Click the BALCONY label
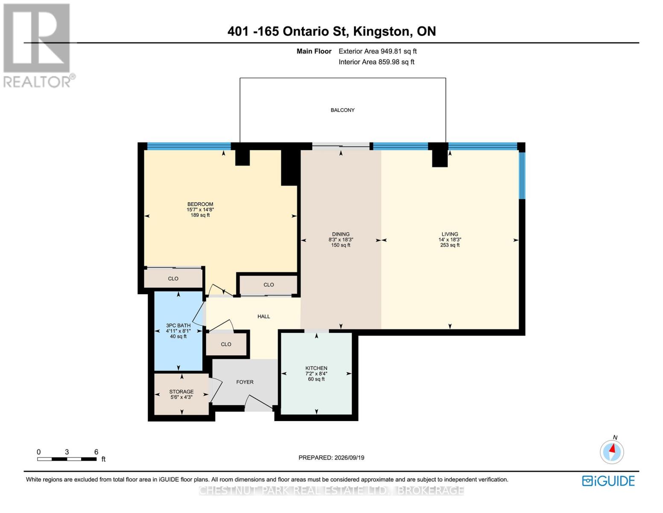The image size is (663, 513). point(342,110)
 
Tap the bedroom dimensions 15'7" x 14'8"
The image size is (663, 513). point(200,209)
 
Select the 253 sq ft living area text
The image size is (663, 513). point(450,245)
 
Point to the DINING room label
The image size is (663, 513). point(341,234)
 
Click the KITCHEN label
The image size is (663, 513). point(316,368)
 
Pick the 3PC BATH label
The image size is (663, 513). point(178,326)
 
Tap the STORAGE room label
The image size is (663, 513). point(181,392)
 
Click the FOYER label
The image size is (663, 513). point(245,382)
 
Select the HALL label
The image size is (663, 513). point(263,316)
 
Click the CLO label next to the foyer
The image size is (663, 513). point(226,344)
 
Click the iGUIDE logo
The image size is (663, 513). point(608,481)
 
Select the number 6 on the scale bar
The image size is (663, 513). point(96,452)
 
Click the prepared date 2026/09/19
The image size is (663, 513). point(349,458)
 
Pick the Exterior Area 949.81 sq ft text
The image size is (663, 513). point(378,51)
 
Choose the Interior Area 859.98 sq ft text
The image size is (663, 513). point(377,62)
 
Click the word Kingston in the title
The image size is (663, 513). point(381,32)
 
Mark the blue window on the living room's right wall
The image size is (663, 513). point(522,176)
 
